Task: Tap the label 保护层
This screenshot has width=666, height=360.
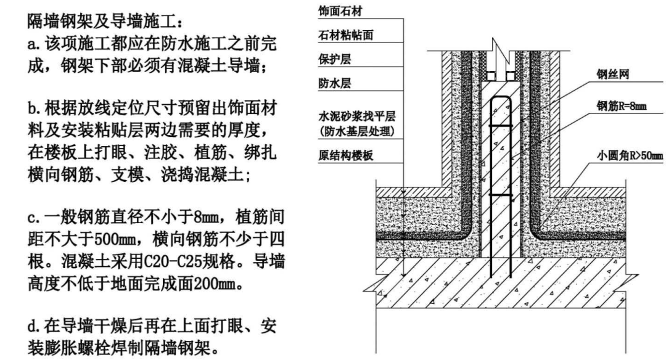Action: coord(331,60)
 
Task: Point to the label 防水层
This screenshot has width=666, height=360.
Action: coord(331,84)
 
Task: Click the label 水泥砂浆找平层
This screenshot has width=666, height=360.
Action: coord(350,118)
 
